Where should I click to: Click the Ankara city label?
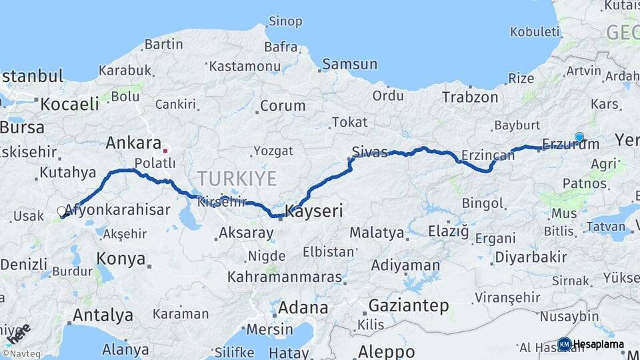133,143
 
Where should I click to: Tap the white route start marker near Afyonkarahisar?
61,212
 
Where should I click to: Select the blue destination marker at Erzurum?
579,137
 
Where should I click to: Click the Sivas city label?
369,153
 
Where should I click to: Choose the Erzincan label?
487,155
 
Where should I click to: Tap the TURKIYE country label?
236,179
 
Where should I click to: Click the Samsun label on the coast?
349,65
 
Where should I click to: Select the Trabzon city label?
470,97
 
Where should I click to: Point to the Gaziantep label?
408,306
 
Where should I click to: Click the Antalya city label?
103,315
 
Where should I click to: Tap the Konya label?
121,258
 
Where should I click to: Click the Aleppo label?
386,351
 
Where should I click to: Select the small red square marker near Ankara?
165,151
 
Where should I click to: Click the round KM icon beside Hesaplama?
564,344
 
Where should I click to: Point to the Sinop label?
285,21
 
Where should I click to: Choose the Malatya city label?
377,233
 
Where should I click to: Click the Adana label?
303,308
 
